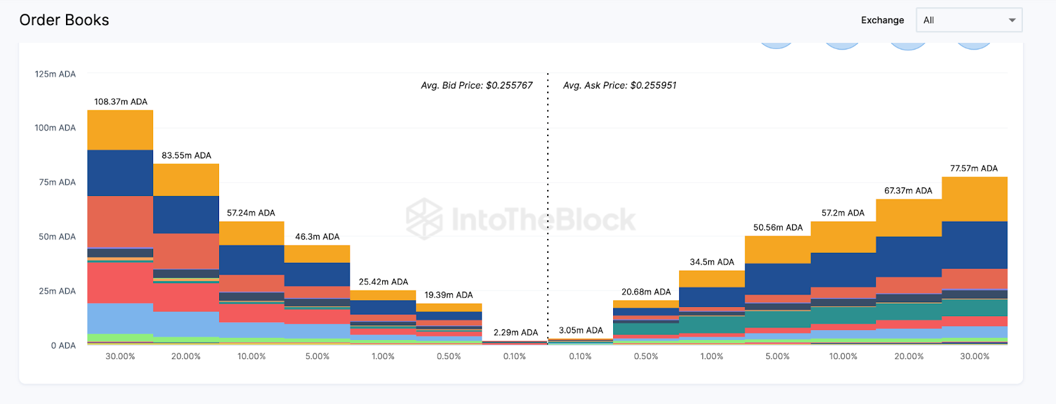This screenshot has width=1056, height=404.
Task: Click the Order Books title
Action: (64, 20)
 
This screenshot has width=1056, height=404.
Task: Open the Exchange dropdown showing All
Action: (968, 20)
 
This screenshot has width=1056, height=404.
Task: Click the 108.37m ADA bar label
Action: (121, 102)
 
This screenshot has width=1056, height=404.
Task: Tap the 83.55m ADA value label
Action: (186, 156)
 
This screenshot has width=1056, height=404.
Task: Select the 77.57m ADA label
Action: (973, 168)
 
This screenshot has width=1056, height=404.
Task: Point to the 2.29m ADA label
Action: (515, 333)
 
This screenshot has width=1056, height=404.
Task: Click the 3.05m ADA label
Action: (581, 331)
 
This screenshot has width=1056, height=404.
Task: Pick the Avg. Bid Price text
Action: (477, 85)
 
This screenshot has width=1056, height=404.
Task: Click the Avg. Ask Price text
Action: (619, 85)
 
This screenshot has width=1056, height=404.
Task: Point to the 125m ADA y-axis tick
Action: (55, 74)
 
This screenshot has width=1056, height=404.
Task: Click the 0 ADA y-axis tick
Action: (63, 345)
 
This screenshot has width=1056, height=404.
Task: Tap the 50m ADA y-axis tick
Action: (57, 236)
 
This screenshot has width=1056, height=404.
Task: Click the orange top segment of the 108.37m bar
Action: (120, 130)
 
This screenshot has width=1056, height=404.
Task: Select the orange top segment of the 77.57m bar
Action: (974, 199)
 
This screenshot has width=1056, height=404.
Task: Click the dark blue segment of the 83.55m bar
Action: (186, 215)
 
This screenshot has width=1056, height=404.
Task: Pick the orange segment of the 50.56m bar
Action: (777, 250)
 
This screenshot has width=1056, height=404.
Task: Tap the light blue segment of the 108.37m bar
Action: (120, 318)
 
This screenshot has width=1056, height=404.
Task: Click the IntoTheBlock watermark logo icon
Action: (424, 219)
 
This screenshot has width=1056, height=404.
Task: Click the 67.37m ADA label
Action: (908, 191)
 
